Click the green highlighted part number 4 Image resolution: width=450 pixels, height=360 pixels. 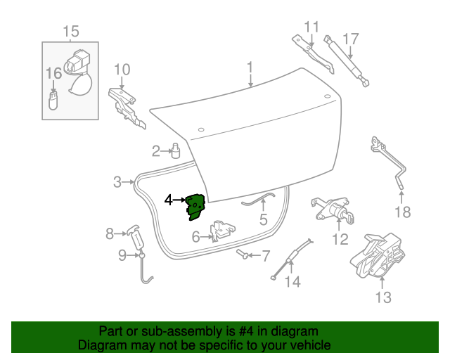pyautogui.click(x=195, y=207)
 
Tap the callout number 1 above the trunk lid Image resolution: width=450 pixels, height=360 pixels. pyautogui.click(x=250, y=67)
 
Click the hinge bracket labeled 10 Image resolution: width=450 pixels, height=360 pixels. pyautogui.click(x=126, y=105)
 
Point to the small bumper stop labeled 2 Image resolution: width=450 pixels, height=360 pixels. pyautogui.click(x=175, y=150)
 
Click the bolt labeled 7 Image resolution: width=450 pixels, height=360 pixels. pyautogui.click(x=243, y=254)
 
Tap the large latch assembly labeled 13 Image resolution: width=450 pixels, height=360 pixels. pyautogui.click(x=378, y=256)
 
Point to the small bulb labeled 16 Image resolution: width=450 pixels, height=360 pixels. pyautogui.click(x=53, y=99)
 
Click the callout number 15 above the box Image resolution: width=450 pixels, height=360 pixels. pyautogui.click(x=71, y=32)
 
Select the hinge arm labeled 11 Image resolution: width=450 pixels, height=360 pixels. pyautogui.click(x=314, y=53)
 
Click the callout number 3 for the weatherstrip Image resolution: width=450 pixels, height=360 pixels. pyautogui.click(x=117, y=183)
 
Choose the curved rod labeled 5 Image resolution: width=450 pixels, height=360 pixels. pyautogui.click(x=257, y=200)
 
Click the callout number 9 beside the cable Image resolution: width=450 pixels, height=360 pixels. pyautogui.click(x=122, y=255)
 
